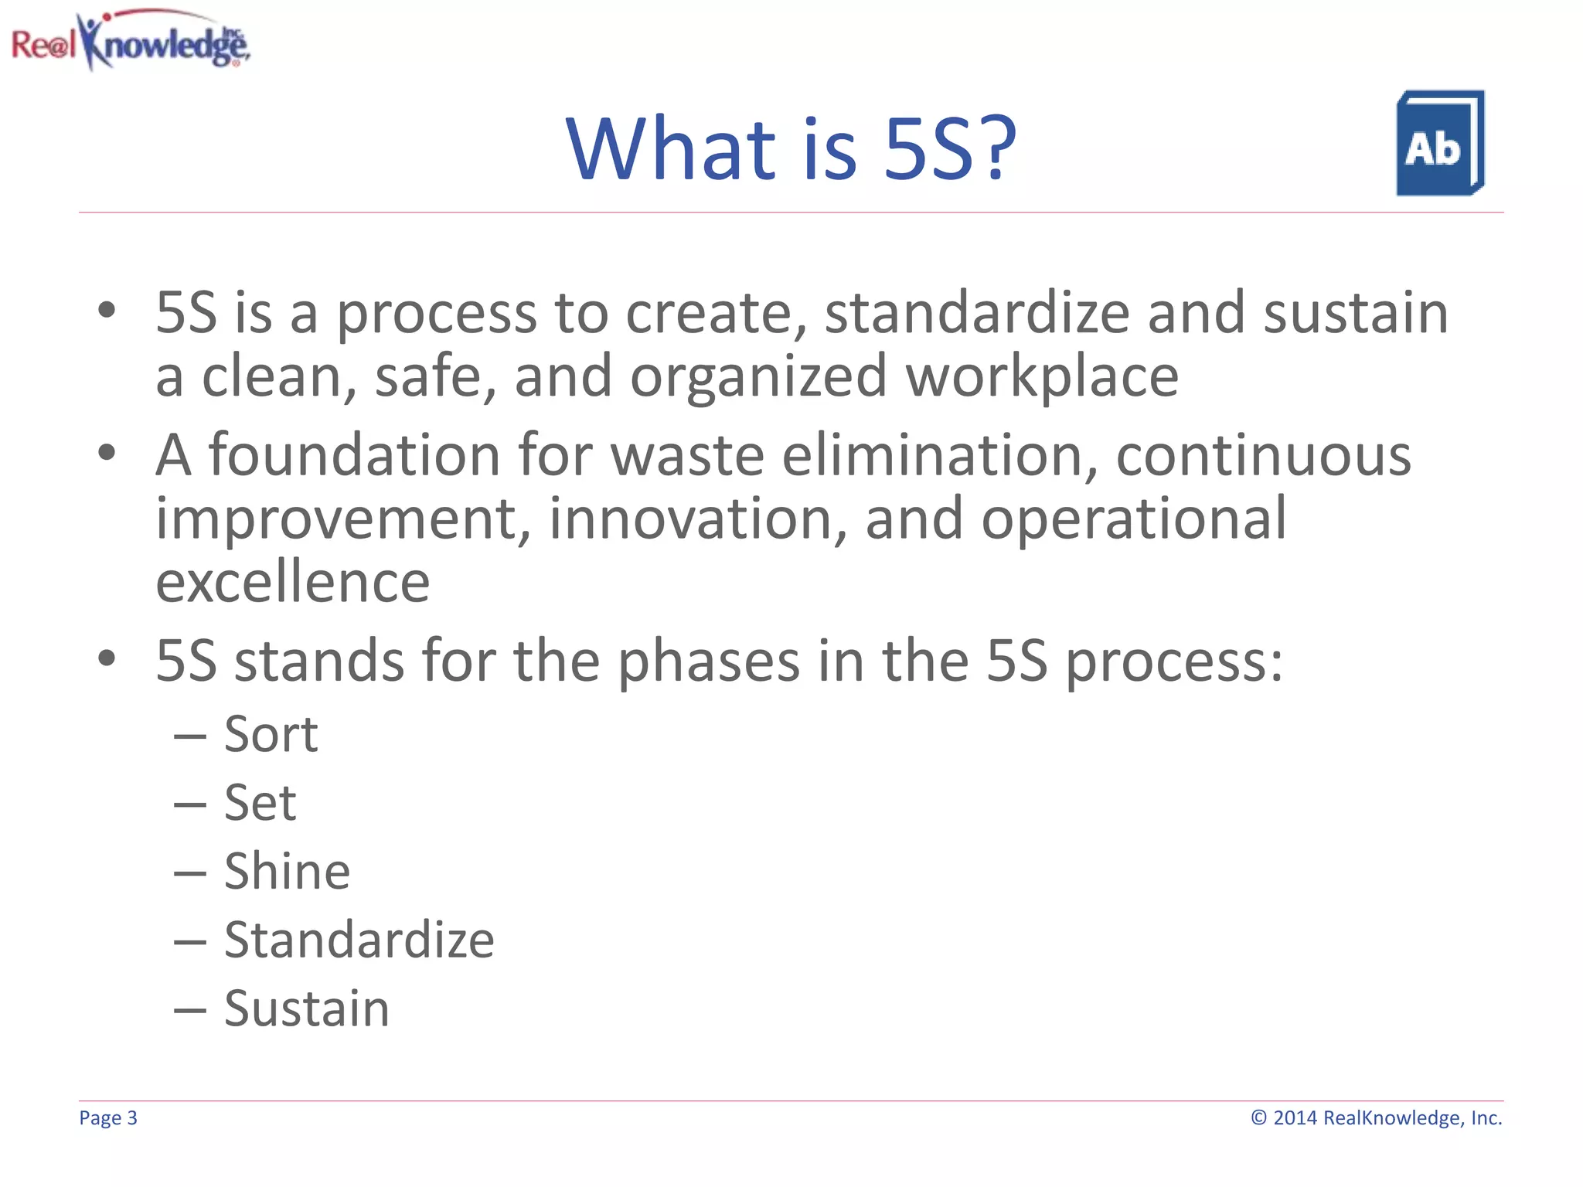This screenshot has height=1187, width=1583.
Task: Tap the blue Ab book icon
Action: tap(1439, 144)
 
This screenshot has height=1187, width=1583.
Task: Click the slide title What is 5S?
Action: tap(791, 148)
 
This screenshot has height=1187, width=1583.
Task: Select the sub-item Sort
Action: tap(271, 734)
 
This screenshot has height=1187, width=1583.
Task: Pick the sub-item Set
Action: tap(260, 803)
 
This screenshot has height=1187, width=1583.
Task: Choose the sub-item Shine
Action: tap(287, 872)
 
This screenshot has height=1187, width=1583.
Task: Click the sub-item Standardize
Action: tap(359, 940)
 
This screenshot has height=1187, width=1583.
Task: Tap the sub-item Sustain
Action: tap(306, 1009)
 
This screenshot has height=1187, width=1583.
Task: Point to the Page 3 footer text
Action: tap(108, 1118)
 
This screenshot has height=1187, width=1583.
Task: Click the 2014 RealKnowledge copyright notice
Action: tap(1377, 1118)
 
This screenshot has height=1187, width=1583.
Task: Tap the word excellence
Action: tap(292, 583)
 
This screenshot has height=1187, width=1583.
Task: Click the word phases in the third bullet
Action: tap(708, 662)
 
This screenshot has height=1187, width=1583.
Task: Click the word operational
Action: tap(1134, 519)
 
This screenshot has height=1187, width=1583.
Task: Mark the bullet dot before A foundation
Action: tap(107, 453)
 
